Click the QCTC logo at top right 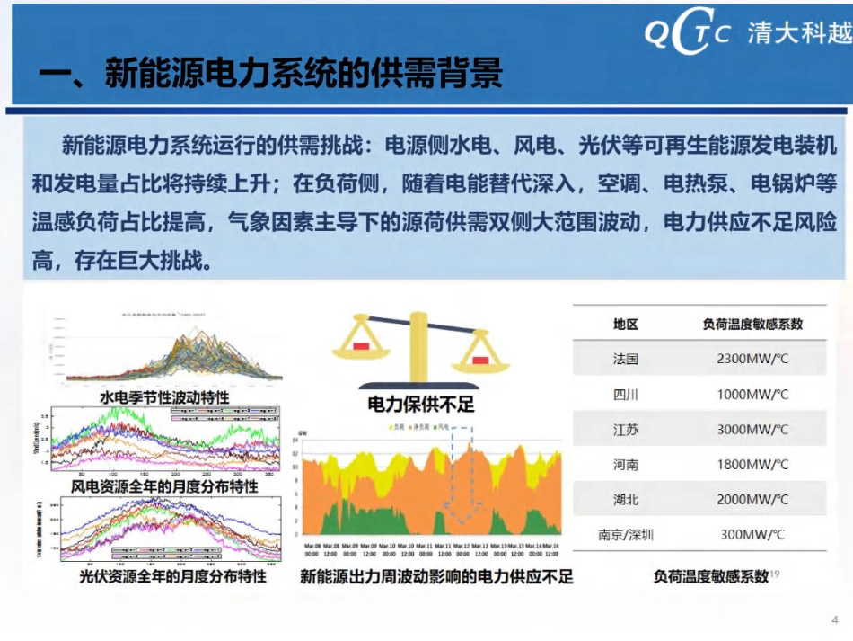click(x=688, y=34)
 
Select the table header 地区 click(x=625, y=324)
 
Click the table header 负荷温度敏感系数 click(x=752, y=324)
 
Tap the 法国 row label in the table click(x=625, y=359)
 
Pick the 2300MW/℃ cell click(x=752, y=359)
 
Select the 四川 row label click(x=625, y=394)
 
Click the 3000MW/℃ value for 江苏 click(x=752, y=429)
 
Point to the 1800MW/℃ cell click(x=752, y=464)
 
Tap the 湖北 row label click(x=625, y=499)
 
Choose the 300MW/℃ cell click(x=752, y=534)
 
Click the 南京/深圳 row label click(x=625, y=534)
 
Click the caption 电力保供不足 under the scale click(x=421, y=404)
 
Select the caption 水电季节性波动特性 click(x=164, y=396)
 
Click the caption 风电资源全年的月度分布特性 click(x=164, y=485)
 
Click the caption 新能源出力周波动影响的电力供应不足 click(x=436, y=575)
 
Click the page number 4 click(x=834, y=620)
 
